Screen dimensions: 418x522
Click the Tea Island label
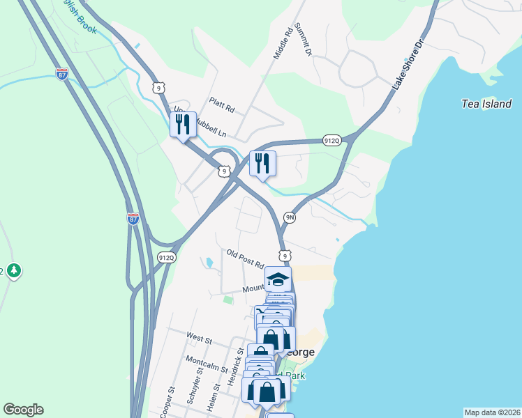tap(486, 104)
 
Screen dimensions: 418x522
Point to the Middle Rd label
tap(282, 43)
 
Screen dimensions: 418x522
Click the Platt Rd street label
tap(222, 110)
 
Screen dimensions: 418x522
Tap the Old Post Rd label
tap(245, 258)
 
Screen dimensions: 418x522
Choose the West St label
tap(199, 338)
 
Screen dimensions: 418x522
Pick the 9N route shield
tap(290, 218)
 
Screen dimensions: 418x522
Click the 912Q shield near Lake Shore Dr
tap(331, 141)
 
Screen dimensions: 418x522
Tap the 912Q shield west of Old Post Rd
tap(166, 257)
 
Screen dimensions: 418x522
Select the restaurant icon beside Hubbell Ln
tap(182, 125)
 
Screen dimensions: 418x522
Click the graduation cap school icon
tap(278, 279)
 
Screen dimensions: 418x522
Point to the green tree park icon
tap(13, 270)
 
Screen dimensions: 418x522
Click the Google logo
tap(23, 410)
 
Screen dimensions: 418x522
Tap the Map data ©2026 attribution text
tap(492, 412)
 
